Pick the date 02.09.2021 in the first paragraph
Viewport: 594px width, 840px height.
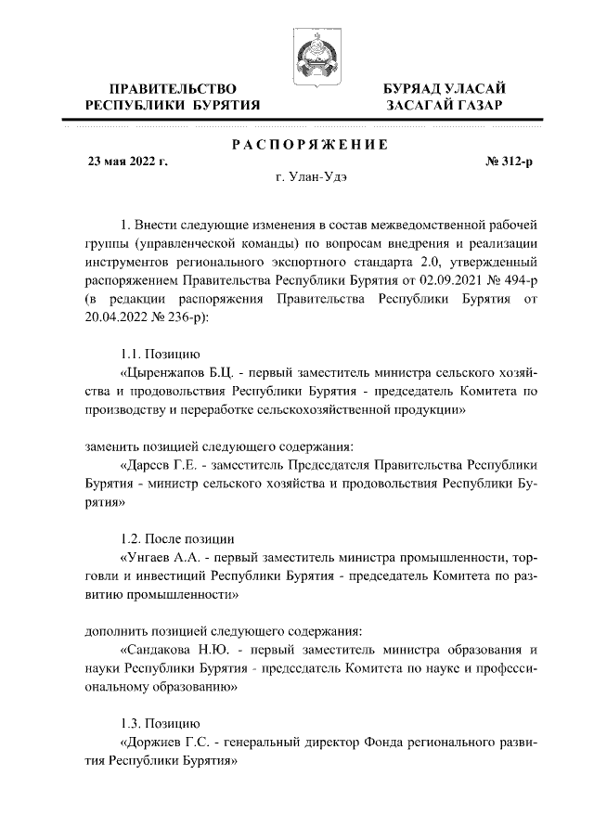[441, 282]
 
